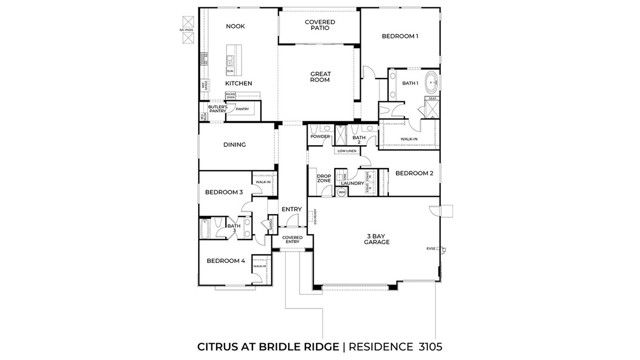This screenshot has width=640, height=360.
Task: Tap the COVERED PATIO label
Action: [320, 25]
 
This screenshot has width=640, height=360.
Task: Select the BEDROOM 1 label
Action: [399, 36]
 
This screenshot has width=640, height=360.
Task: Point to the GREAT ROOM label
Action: [320, 76]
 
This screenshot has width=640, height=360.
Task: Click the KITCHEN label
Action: [237, 83]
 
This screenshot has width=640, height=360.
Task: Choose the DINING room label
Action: [234, 144]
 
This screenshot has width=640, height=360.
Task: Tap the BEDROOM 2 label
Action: [413, 173]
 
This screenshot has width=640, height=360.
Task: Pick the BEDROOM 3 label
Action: [224, 192]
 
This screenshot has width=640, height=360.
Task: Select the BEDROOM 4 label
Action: [225, 260]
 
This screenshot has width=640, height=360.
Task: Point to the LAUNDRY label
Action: [351, 184]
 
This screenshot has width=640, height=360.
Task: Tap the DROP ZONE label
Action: [324, 179]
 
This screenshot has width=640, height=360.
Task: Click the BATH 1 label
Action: [409, 83]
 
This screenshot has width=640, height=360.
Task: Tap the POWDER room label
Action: [320, 136]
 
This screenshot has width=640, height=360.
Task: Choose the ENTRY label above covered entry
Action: [292, 209]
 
